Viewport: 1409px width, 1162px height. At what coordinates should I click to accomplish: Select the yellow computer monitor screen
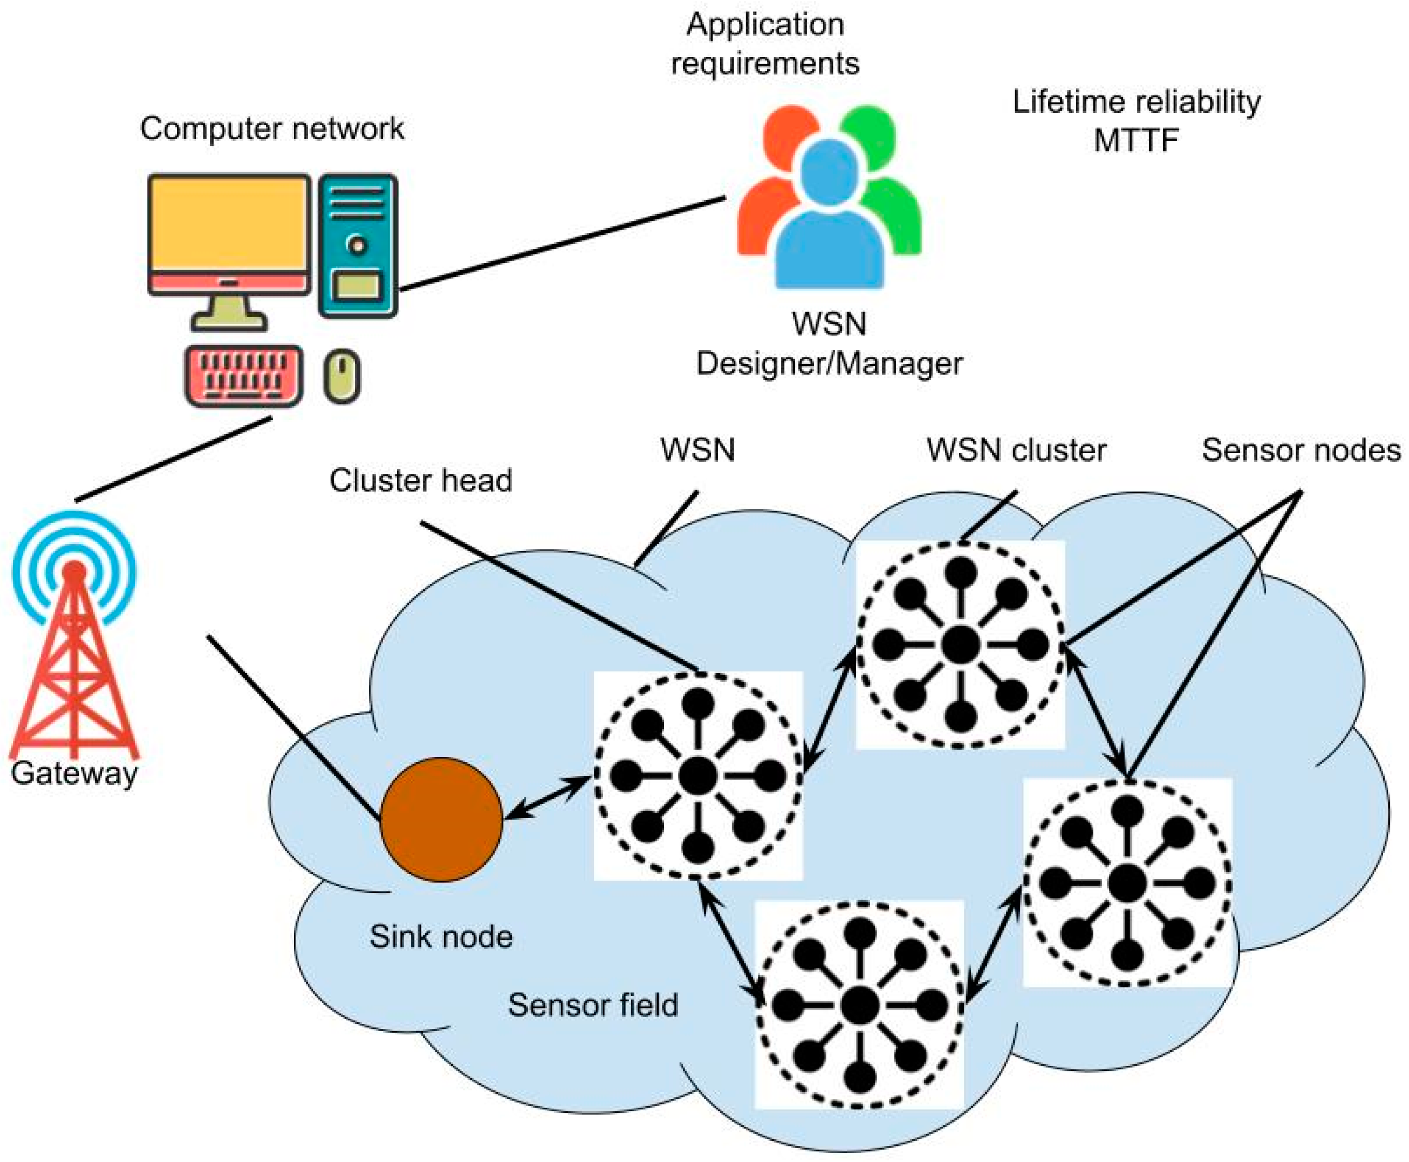pos(229,224)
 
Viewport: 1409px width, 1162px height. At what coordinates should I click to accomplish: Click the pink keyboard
pos(244,376)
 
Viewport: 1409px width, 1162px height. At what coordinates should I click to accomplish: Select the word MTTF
pos(1135,141)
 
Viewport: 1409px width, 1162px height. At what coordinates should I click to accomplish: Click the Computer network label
pos(272,128)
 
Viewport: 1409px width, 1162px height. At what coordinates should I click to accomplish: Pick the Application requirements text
pos(765,44)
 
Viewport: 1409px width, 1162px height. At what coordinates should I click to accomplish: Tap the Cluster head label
pos(420,481)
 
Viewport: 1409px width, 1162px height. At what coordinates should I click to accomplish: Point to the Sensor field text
pos(593,1005)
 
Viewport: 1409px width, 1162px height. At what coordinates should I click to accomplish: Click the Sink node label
pos(441,936)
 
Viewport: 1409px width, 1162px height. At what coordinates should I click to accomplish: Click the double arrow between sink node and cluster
pos(548,797)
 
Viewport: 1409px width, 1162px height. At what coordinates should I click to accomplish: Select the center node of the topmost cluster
pos(960,645)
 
